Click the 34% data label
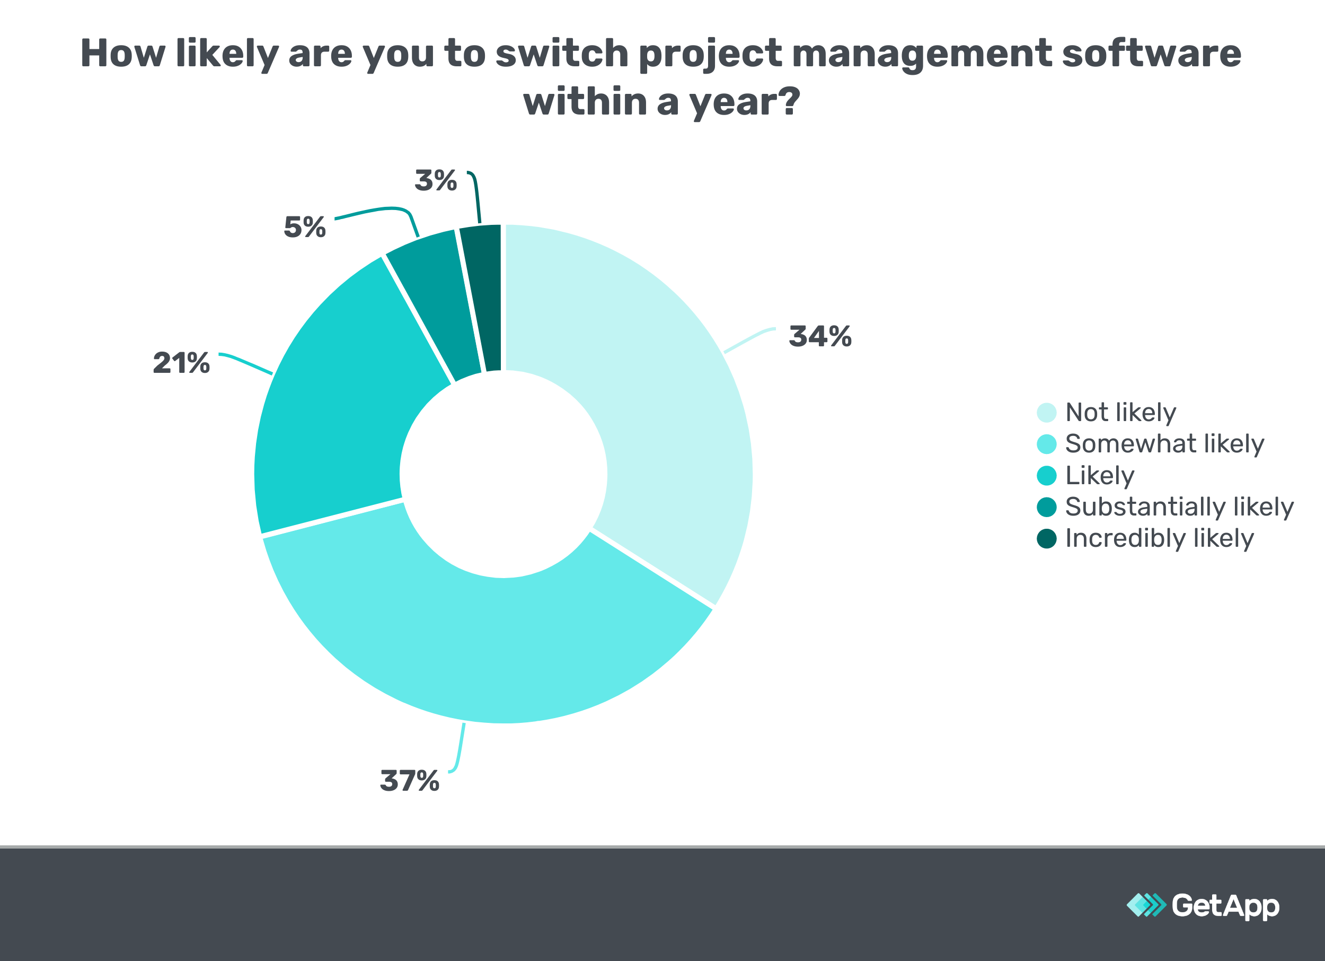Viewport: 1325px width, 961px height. click(820, 337)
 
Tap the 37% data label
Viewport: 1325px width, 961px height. click(410, 781)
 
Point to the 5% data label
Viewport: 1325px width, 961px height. click(304, 228)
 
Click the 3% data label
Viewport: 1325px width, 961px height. click(435, 181)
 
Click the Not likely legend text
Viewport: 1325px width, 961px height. click(1120, 413)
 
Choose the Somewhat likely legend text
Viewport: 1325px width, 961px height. click(1164, 444)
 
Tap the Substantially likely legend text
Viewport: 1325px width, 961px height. click(1179, 507)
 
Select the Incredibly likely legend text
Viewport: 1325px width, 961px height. click(1159, 538)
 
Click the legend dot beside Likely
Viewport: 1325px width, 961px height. click(1046, 476)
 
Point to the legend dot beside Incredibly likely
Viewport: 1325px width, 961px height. click(1046, 538)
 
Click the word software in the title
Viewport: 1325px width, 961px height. click(1151, 54)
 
